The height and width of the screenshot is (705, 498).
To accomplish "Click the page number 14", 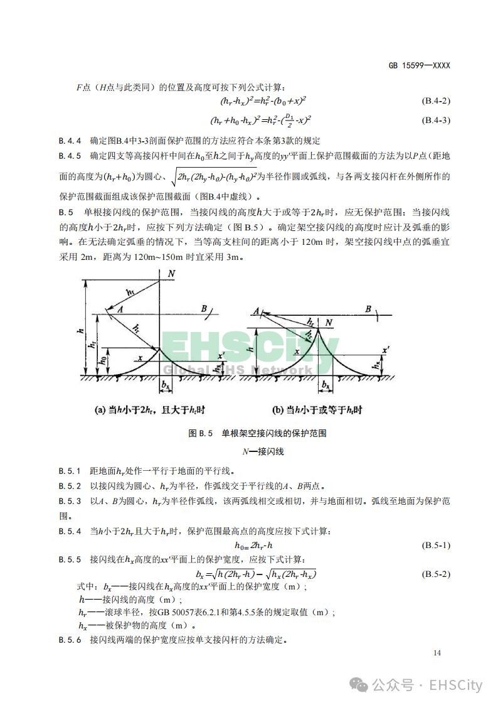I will click(x=437, y=654).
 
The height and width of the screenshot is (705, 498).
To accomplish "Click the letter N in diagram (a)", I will click(x=171, y=274).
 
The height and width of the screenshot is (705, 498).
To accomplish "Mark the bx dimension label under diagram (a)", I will click(x=166, y=383).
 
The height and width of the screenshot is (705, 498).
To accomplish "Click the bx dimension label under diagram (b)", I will click(x=326, y=383).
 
